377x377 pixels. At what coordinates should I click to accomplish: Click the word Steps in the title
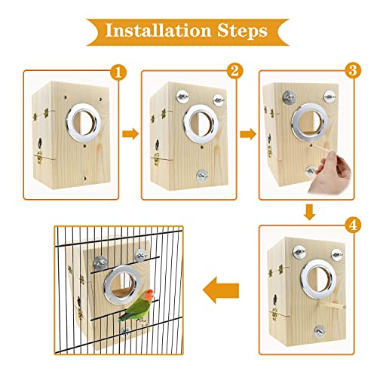click(x=240, y=31)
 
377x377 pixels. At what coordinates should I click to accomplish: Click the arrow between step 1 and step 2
click(x=130, y=134)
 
